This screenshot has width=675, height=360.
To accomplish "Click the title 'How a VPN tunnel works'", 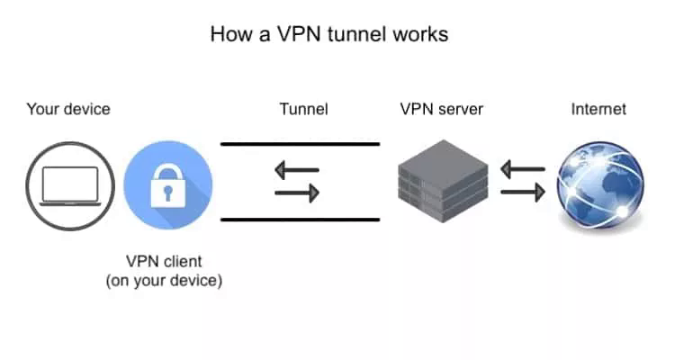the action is (x=329, y=34).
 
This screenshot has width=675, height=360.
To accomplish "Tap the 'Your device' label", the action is (x=68, y=109).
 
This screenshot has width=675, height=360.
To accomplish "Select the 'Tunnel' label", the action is (x=304, y=109).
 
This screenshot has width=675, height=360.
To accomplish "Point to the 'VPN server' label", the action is (x=442, y=109).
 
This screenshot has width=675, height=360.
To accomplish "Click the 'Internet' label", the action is (x=598, y=109).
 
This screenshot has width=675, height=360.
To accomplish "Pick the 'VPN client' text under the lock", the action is (x=164, y=261).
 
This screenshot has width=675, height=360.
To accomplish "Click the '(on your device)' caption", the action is (x=164, y=280).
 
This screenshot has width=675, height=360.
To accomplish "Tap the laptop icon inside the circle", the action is (x=70, y=186).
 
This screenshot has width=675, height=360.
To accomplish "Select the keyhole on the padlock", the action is (x=168, y=193).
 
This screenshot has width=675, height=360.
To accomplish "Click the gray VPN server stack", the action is (x=443, y=181).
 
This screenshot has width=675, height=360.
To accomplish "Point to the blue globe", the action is (x=600, y=184).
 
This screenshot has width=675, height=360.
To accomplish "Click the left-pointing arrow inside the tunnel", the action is (x=297, y=170).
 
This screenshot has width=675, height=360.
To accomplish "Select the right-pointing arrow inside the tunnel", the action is (x=297, y=193).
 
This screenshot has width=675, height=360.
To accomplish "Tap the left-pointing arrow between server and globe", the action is (x=523, y=169).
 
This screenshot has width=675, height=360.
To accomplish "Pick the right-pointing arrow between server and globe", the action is (x=523, y=192).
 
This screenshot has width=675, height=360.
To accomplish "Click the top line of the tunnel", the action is (x=300, y=144).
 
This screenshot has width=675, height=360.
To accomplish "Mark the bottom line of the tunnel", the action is (x=300, y=220).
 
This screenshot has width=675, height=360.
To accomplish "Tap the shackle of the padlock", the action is (x=168, y=171).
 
